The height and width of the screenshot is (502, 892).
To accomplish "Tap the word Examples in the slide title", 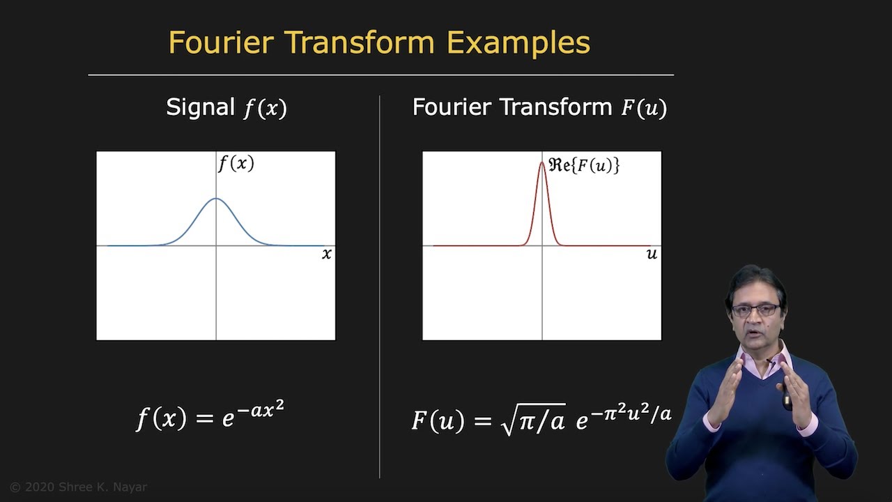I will click(518, 43).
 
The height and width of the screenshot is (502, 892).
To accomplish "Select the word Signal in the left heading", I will click(200, 107).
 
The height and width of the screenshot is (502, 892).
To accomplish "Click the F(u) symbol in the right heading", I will click(644, 108).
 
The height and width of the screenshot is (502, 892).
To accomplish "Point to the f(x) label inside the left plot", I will click(236, 164).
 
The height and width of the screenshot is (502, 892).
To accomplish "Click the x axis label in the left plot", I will click(326, 254).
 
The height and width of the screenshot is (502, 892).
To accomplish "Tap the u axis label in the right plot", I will click(652, 254).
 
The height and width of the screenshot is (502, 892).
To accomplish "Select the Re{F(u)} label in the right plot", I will click(584, 166).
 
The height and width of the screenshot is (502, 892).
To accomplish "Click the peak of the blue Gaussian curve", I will click(216, 199).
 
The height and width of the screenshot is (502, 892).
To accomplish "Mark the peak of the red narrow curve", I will click(542, 162).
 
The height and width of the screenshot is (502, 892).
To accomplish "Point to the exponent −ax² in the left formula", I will click(261, 410).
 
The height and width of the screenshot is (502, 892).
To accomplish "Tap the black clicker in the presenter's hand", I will click(787, 398).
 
